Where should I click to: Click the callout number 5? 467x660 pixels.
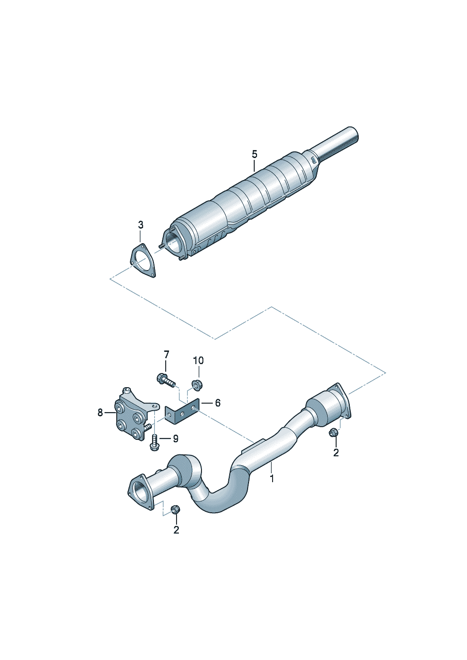[x=254, y=154]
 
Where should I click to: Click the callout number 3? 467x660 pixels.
[x=141, y=225]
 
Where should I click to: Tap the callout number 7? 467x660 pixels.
[x=167, y=354]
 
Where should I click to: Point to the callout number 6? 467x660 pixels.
[x=218, y=403]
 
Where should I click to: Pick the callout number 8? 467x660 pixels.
[x=100, y=413]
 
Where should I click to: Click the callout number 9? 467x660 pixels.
[x=176, y=439]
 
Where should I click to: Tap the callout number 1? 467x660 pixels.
[x=272, y=478]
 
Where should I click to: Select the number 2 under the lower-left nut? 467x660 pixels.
[x=176, y=530]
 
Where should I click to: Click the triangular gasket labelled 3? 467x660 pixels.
[x=143, y=261]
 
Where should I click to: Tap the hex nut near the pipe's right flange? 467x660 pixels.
[x=333, y=433]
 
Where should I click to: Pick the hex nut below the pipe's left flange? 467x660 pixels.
[x=175, y=509]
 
